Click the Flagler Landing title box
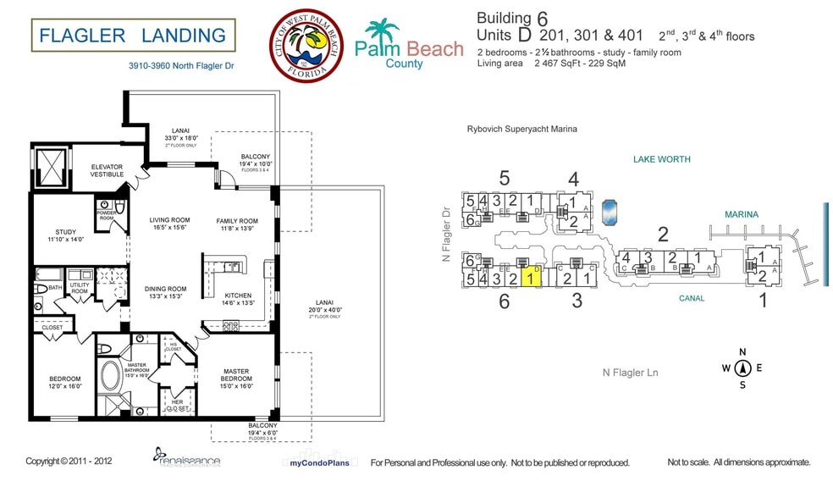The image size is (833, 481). pos(133,36)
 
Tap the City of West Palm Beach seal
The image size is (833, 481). pos(306,47)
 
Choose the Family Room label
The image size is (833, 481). pos(236,225)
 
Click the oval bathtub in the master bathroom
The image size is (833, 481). pos(109,374)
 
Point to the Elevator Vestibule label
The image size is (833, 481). pos(108,170)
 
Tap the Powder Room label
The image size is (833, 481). pos(106,215)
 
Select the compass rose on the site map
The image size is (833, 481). pos(742,367)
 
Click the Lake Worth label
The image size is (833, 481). pos(661,159)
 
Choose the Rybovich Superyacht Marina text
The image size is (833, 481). pos(521,130)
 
